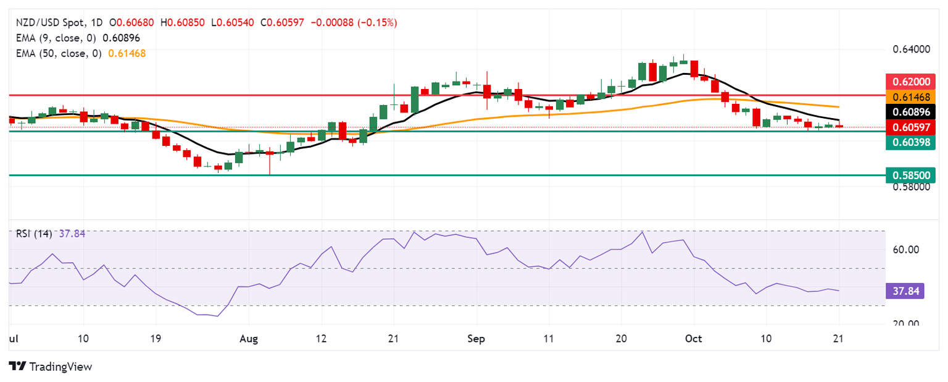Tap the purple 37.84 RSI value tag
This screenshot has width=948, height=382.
905,291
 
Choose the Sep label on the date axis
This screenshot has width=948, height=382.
476,339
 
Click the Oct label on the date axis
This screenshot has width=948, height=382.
694,339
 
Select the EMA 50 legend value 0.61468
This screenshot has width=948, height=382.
127,53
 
